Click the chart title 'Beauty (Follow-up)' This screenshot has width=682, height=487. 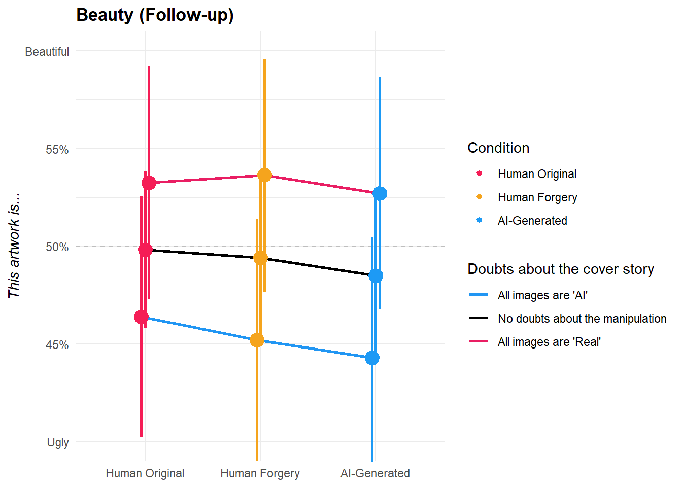[x=155, y=15]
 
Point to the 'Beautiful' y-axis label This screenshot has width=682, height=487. [x=47, y=52]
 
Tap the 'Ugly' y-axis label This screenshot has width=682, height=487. [x=58, y=442]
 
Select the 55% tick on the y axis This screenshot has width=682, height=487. [x=57, y=150]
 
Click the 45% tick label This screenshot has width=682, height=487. [x=57, y=345]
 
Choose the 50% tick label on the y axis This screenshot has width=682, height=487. [x=57, y=247]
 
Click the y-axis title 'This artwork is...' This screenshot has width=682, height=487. [x=14, y=246]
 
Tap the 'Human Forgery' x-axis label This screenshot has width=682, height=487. [x=260, y=473]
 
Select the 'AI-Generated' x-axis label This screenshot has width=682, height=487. [x=375, y=473]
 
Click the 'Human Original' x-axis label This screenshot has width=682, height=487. [x=145, y=473]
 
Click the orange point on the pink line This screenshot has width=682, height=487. [x=264, y=176]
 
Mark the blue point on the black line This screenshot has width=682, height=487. [x=376, y=276]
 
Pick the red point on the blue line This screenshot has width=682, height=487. [x=141, y=317]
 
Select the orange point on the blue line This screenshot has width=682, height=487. [x=257, y=340]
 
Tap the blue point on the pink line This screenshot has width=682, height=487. [x=380, y=193]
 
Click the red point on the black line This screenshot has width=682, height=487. [x=145, y=250]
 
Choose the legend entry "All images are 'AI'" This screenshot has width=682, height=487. [x=542, y=295]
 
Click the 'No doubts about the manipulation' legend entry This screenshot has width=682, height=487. [x=582, y=319]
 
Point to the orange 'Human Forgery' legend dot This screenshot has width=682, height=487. [x=479, y=197]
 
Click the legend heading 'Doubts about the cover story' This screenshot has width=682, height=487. [x=560, y=269]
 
